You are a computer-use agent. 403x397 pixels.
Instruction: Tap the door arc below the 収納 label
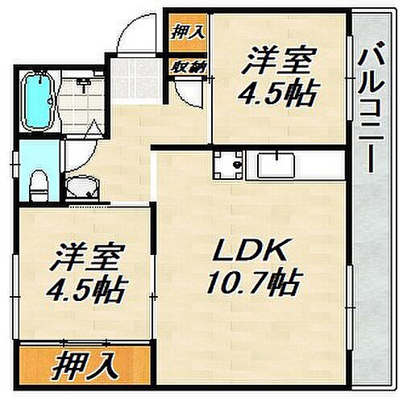point(185,93)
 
